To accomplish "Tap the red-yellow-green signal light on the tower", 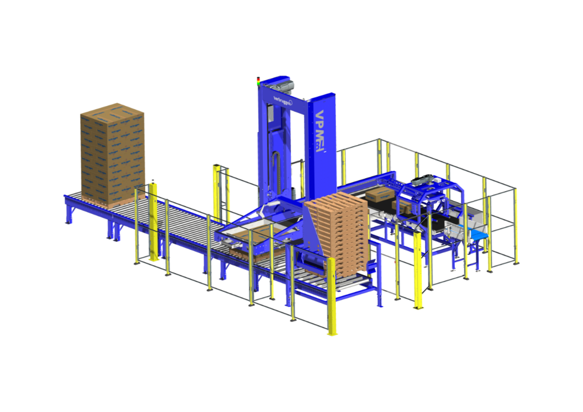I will pyautogui.click(x=258, y=82).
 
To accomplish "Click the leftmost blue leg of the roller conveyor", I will pyautogui.click(x=69, y=213).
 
